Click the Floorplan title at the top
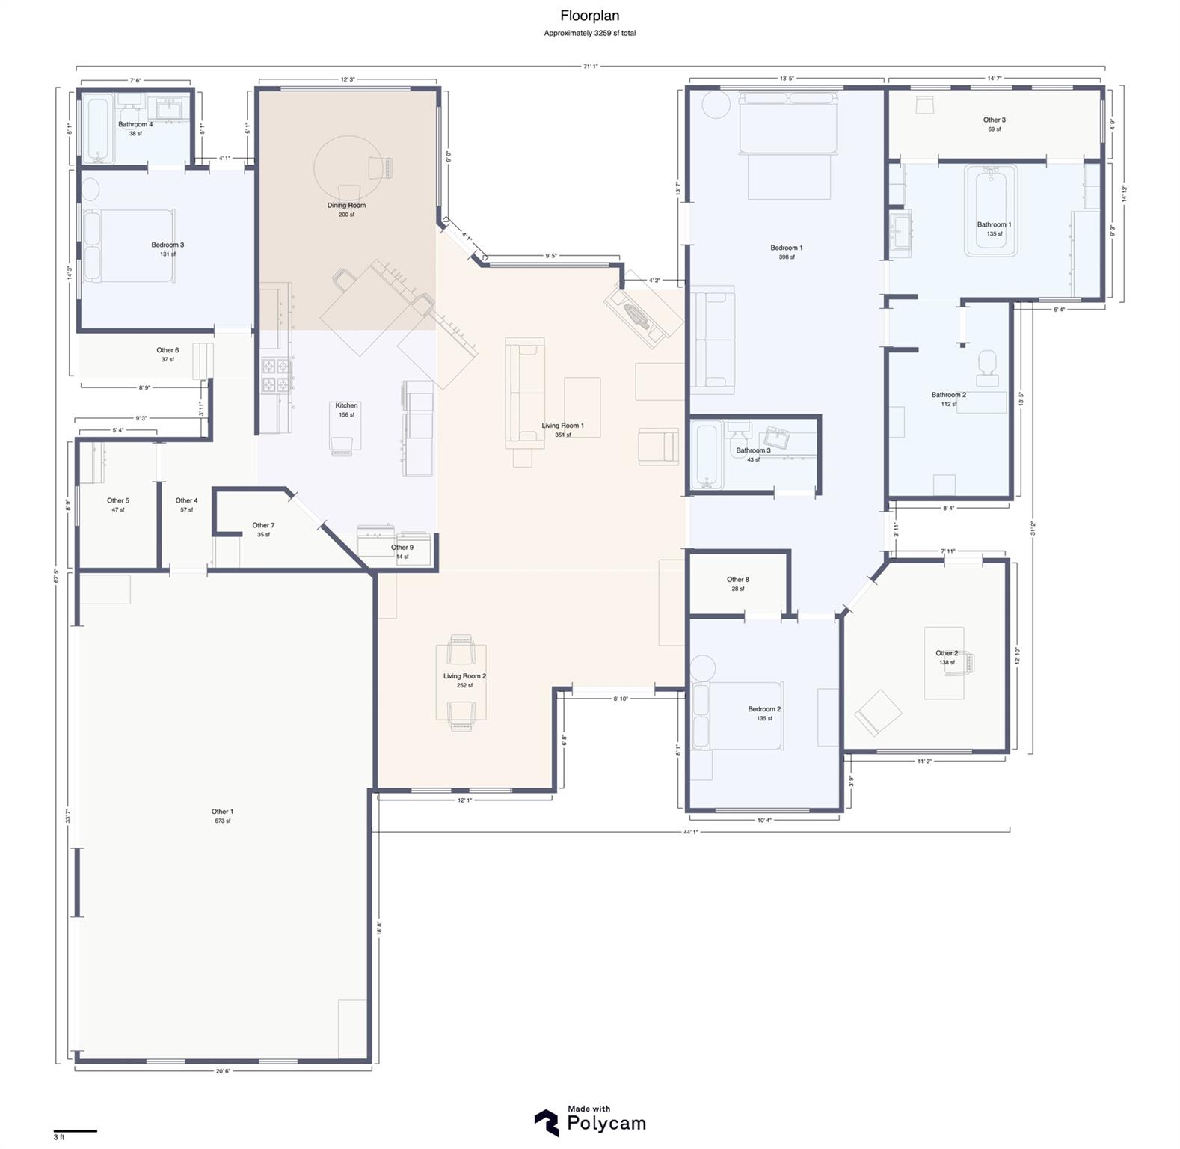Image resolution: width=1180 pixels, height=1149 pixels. [x=589, y=16]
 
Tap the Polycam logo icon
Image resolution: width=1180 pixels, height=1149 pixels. [x=547, y=1122]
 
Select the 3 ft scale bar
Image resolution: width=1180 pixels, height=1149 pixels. [x=75, y=1130]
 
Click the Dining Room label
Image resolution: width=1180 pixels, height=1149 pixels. [x=346, y=206]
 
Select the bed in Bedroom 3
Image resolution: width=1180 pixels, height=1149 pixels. [x=131, y=245]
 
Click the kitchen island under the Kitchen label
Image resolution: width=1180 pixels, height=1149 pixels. [x=345, y=428]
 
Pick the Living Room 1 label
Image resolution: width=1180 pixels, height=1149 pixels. [x=562, y=426]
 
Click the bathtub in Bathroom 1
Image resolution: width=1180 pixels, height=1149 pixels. [x=991, y=209]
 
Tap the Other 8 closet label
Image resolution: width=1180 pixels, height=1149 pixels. [x=737, y=580]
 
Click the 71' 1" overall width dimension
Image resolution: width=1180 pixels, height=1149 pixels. [x=590, y=67]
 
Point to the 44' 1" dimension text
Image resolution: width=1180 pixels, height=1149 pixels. [x=690, y=831]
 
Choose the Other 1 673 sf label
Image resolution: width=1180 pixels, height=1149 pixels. [x=222, y=815]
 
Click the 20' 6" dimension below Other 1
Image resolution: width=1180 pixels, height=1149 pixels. [x=223, y=1071]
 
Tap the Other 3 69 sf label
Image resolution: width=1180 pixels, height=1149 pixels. [x=994, y=124]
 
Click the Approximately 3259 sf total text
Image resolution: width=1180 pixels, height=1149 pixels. [x=589, y=33]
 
